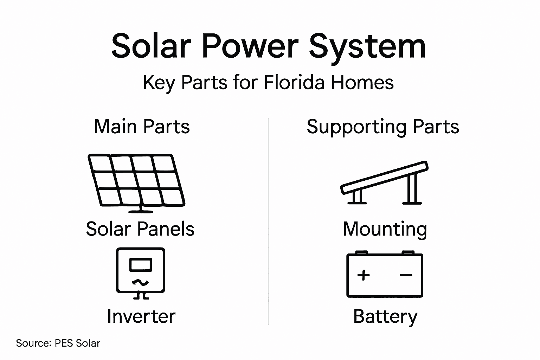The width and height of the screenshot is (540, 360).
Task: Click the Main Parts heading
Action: click(142, 127)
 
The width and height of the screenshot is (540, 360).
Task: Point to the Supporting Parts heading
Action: click(382, 127)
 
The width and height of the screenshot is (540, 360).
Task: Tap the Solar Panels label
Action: click(140, 229)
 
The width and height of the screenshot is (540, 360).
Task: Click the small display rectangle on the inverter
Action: click(141, 265)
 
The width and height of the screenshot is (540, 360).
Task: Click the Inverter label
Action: click(141, 316)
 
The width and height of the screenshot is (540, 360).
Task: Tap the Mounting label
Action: click(385, 229)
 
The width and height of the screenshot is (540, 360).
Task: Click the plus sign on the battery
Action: click(364, 275)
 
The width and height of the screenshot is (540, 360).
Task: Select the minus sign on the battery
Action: click(406, 275)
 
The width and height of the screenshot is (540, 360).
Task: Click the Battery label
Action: click(385, 316)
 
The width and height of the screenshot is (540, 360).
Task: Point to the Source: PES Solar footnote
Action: click(58, 343)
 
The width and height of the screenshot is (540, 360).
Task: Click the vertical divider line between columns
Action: click(268, 221)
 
